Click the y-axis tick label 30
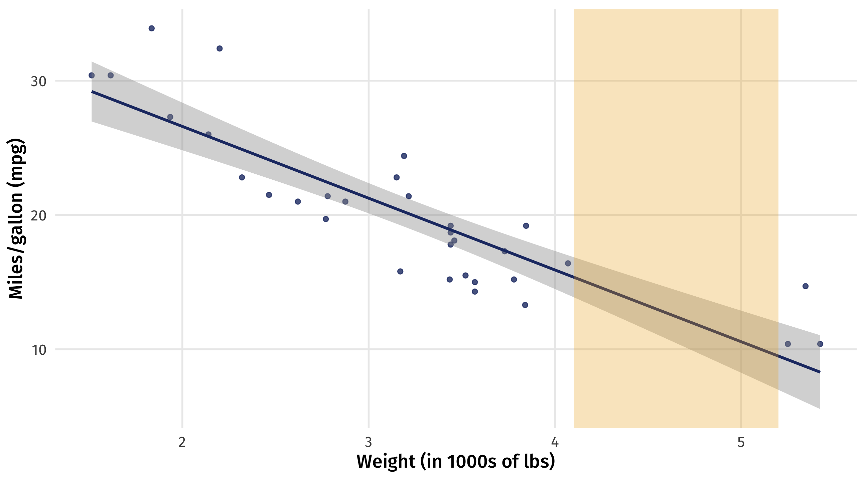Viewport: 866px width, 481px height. coord(38,82)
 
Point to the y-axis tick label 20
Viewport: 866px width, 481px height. coord(38,216)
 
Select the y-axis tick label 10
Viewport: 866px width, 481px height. coord(39,350)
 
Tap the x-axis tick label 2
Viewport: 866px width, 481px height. coord(182,442)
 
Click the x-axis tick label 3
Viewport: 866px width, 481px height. coord(369,442)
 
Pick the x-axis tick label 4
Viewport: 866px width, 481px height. coord(555,442)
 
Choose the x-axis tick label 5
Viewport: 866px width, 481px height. coord(741,442)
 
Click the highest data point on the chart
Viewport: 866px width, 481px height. coord(152,28)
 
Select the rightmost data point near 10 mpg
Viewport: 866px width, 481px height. coord(820,344)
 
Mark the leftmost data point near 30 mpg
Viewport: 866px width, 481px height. coord(92,75)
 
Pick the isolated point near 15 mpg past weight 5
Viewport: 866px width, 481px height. coord(806,286)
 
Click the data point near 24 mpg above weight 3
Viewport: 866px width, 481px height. coord(404,156)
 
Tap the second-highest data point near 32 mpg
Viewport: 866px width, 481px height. coord(220,48)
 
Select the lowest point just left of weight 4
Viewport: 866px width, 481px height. coord(525,305)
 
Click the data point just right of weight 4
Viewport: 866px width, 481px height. coord(568,264)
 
